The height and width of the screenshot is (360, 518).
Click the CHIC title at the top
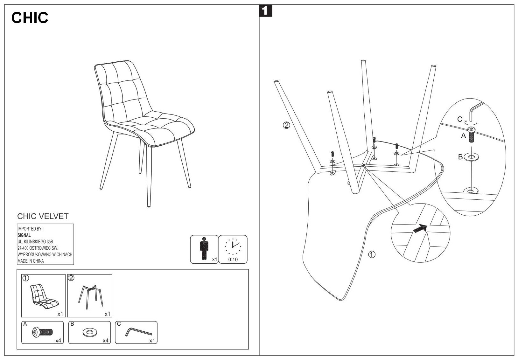click(x=30, y=18)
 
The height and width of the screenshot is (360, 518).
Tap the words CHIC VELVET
click(x=43, y=216)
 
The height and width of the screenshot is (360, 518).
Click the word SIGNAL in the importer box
click(x=24, y=235)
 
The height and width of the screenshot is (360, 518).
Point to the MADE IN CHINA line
click(x=31, y=261)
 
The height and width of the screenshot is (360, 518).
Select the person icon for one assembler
click(x=203, y=248)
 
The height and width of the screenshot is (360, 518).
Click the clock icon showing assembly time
click(x=233, y=246)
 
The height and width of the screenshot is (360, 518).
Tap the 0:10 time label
click(x=233, y=260)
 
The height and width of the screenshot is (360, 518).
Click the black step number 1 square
click(x=266, y=11)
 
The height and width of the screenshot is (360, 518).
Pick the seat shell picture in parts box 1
click(x=44, y=296)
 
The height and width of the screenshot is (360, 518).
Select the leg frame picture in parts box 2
click(x=90, y=296)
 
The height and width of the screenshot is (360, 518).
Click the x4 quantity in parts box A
click(x=58, y=341)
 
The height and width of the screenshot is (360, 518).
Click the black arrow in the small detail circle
click(x=420, y=228)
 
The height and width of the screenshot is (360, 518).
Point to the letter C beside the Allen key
click(x=459, y=119)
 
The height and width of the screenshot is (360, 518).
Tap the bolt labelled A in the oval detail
click(x=471, y=135)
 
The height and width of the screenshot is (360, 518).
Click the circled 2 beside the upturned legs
click(x=286, y=125)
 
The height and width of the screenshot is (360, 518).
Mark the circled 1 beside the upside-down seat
click(x=372, y=254)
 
